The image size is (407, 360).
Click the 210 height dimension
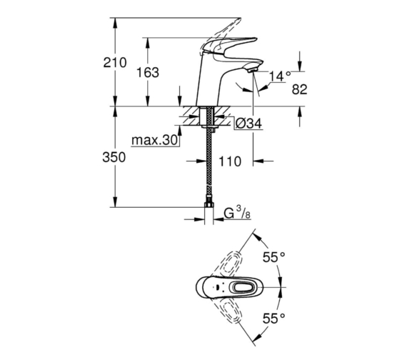[115, 63]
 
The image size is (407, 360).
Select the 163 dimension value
[148, 72]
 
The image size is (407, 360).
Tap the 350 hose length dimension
[114, 157]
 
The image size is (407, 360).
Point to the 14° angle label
[280, 76]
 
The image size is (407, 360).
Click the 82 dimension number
[300, 89]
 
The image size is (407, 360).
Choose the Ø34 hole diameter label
[248, 123]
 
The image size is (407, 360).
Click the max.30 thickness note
[154, 140]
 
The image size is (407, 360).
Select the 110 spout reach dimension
[230, 161]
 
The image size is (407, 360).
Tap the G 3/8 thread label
[237, 213]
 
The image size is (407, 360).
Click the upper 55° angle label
[274, 257]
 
